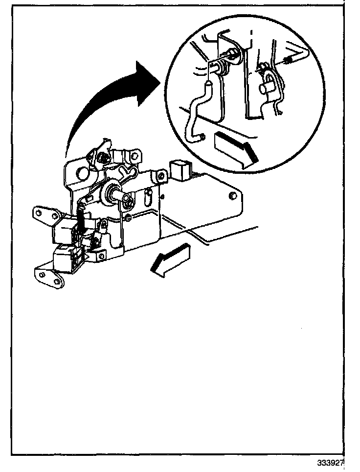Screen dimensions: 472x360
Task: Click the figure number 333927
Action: click(331, 462)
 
